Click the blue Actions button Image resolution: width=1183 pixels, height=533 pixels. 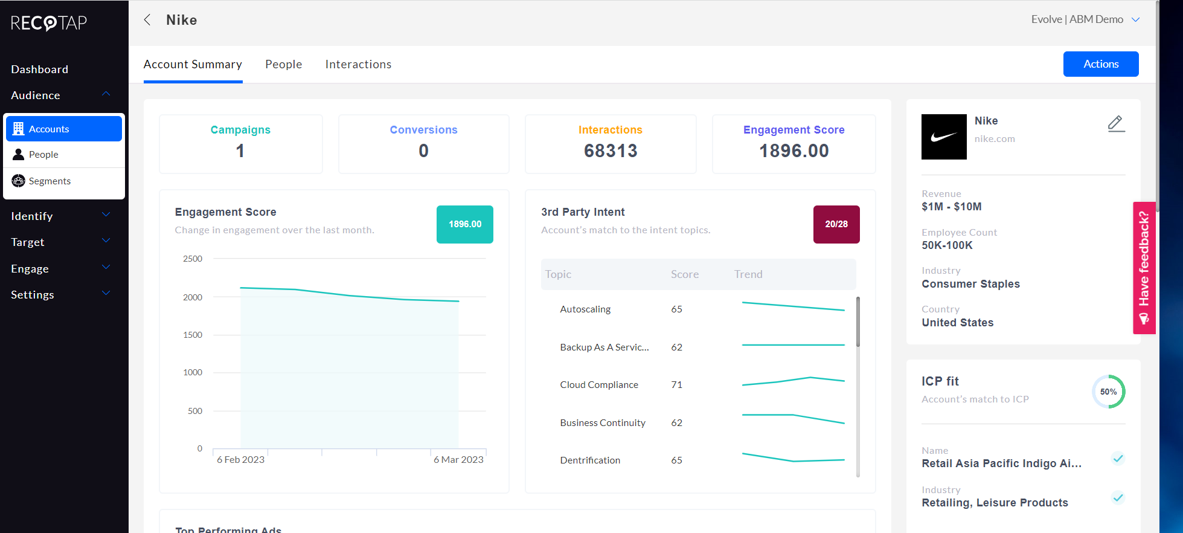pyautogui.click(x=1100, y=64)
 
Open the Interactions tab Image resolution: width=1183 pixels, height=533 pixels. pyautogui.click(x=358, y=64)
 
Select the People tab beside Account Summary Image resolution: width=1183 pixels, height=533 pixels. pyautogui.click(x=283, y=64)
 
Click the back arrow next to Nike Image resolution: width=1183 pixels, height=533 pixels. pyautogui.click(x=147, y=20)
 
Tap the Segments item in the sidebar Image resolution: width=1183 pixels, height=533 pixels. pyautogui.click(x=50, y=181)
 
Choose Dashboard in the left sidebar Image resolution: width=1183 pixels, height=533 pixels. pyautogui.click(x=39, y=69)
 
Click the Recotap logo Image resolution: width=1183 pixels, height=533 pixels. pyautogui.click(x=49, y=23)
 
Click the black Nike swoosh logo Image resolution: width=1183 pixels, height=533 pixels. pyautogui.click(x=943, y=137)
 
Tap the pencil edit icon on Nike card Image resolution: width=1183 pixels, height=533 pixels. pyautogui.click(x=1116, y=124)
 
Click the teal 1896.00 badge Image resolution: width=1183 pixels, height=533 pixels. pyautogui.click(x=464, y=224)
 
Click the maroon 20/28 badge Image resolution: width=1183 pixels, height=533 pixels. pyautogui.click(x=836, y=224)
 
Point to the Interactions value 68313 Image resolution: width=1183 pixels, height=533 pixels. pyautogui.click(x=610, y=150)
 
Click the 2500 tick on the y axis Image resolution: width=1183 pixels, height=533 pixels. pyautogui.click(x=193, y=259)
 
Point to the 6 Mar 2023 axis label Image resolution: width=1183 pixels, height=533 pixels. pyautogui.click(x=458, y=460)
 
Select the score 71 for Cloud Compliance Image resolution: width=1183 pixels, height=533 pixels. pyautogui.click(x=676, y=385)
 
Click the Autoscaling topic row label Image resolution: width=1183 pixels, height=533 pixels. pyautogui.click(x=585, y=309)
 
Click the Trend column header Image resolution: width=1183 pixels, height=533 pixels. pyautogui.click(x=748, y=274)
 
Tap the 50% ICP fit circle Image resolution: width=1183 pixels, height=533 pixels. pyautogui.click(x=1108, y=392)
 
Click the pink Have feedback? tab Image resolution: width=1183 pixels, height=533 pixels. pyautogui.click(x=1144, y=268)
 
